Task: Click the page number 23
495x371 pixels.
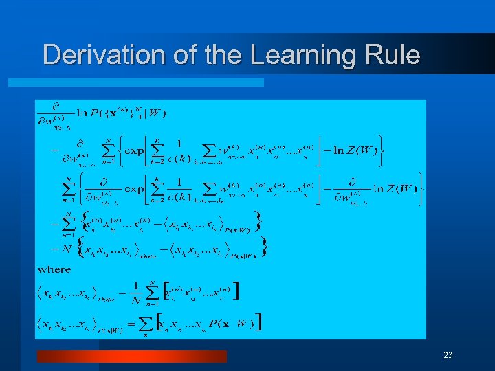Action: tap(448, 355)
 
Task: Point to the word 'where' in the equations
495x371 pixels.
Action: tap(54, 269)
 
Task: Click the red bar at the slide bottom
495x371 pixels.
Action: tap(131, 356)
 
